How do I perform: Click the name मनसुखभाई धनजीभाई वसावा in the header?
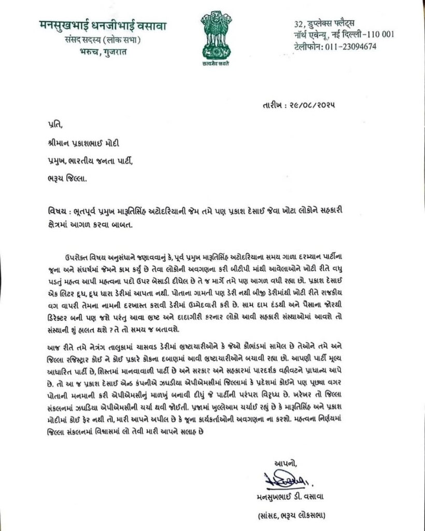point(106,24)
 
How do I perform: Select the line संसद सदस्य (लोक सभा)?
point(106,40)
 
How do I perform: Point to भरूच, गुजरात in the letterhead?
point(106,53)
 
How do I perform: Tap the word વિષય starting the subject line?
point(54,213)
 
